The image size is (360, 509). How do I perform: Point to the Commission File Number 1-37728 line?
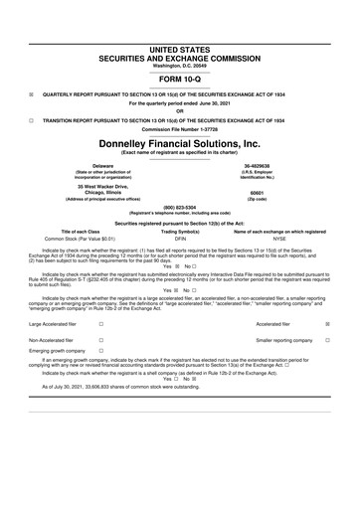(x=180, y=128)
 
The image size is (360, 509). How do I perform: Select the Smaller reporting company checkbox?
(x=341, y=340)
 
